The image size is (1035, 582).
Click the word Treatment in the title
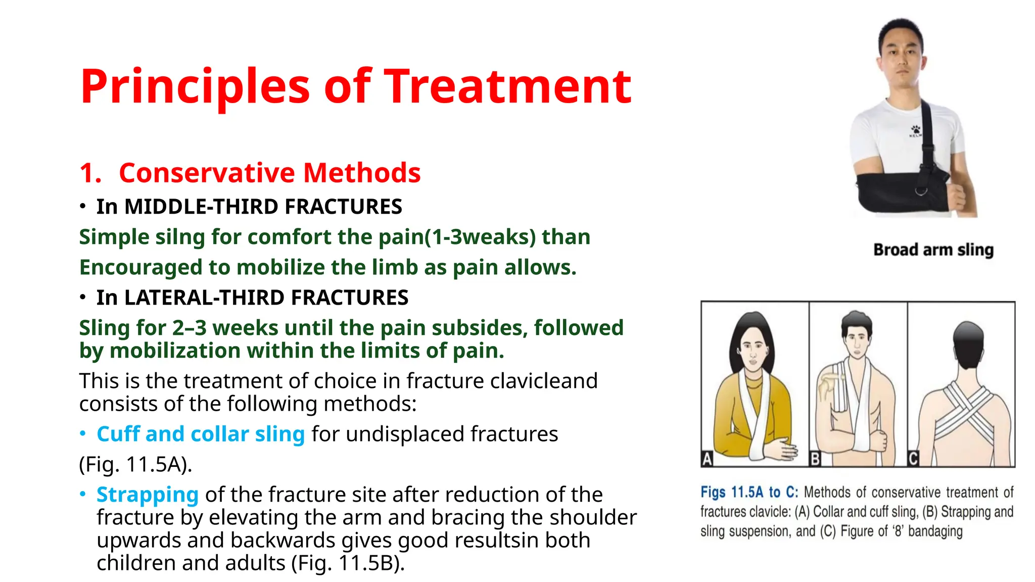507,87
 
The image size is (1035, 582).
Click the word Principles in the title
195,87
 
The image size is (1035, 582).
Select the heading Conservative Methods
269,173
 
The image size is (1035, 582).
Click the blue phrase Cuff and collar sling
201,434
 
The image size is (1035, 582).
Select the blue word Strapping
148,495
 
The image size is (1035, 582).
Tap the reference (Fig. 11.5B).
348,563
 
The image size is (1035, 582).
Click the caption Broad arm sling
933,250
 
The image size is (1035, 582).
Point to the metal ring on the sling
920,191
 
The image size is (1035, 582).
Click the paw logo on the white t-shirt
915,130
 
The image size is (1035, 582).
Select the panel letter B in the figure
815,459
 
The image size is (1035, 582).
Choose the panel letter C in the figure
913,459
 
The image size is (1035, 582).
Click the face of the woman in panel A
753,349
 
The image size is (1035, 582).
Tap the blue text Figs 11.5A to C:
748,492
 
